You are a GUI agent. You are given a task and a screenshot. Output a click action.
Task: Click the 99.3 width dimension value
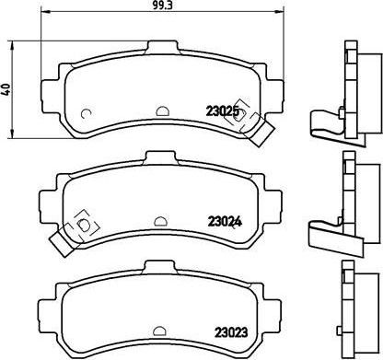pos(162,5)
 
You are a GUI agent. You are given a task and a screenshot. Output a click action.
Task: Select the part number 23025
pos(222,111)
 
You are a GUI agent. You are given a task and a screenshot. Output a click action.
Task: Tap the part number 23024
pos(225,222)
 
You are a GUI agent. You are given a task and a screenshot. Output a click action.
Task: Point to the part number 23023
pos(231,332)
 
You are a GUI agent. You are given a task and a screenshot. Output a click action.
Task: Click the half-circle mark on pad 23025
pos(163,110)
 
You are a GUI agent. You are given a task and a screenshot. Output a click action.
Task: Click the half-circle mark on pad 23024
pos(160,221)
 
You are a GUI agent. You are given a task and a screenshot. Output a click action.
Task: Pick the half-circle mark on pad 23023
pos(159,331)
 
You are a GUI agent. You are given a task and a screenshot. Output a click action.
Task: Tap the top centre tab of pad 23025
pos(163,48)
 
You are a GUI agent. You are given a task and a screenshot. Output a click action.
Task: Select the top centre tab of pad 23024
pos(160,157)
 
